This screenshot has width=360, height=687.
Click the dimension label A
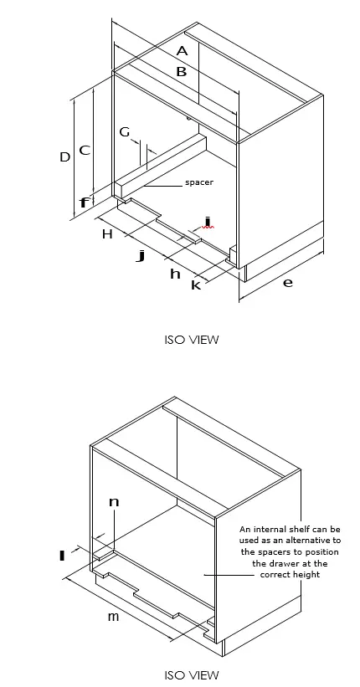click(182, 51)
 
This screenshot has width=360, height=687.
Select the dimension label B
click(181, 72)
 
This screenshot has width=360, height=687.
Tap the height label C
click(85, 151)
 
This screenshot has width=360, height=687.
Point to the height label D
click(64, 156)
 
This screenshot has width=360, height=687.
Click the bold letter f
click(84, 203)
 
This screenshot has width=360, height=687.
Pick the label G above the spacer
click(125, 132)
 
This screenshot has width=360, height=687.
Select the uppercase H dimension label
click(107, 234)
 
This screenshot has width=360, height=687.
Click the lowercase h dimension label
click(175, 274)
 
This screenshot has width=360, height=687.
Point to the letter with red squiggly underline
click(207, 223)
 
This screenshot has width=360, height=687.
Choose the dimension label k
click(196, 285)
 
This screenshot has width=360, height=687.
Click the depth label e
click(287, 283)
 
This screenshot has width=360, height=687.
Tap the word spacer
click(199, 182)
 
